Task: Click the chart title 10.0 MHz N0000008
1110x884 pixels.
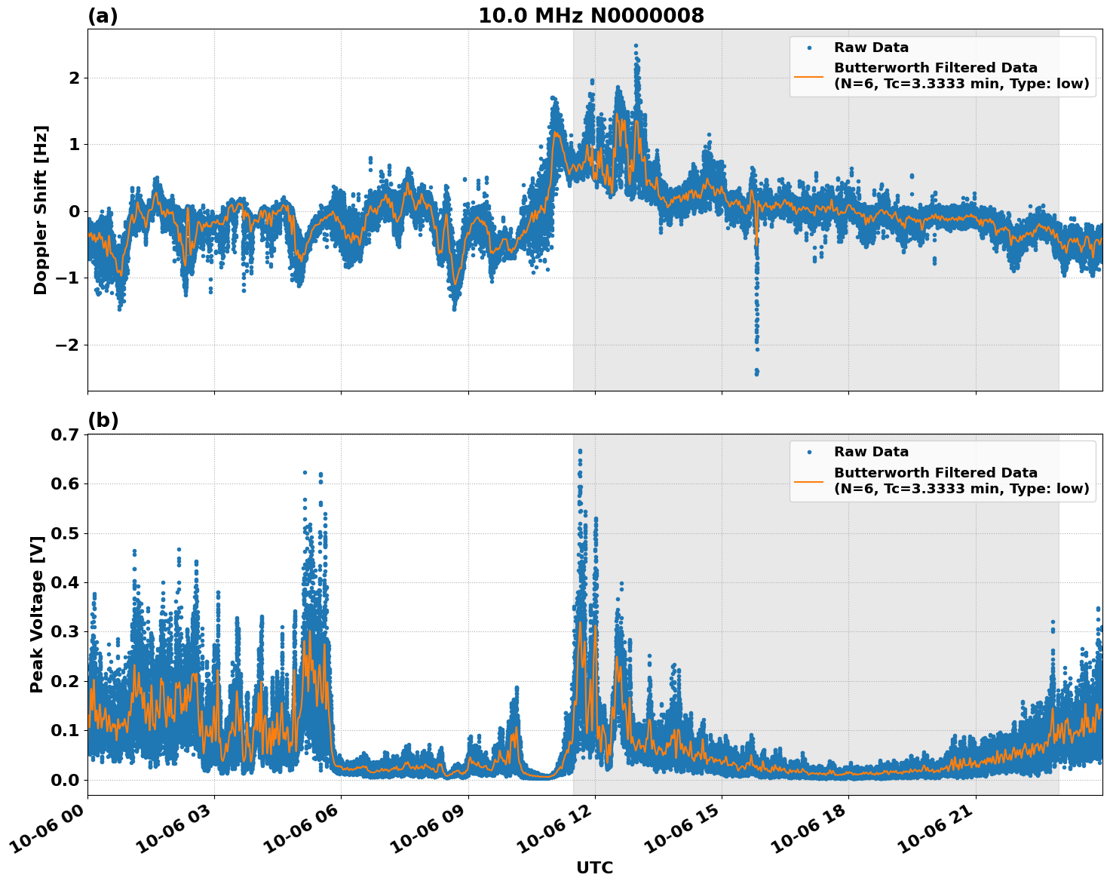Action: coord(590,16)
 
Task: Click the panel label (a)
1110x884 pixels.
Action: coord(103,16)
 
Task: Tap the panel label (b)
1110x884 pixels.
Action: coord(103,420)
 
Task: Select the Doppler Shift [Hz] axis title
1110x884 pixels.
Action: coord(41,210)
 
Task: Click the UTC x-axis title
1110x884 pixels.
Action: coord(594,867)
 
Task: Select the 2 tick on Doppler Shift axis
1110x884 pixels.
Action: coord(74,78)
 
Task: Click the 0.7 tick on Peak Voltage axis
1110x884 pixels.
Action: coord(65,434)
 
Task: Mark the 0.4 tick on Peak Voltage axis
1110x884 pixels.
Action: coord(65,582)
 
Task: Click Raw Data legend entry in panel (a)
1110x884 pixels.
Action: coord(870,48)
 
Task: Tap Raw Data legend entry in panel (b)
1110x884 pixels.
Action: coord(870,452)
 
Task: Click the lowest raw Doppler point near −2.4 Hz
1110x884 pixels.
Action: coord(756,373)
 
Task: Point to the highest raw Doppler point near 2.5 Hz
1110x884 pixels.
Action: coord(636,46)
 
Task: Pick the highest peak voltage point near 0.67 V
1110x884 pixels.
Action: coord(580,451)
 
